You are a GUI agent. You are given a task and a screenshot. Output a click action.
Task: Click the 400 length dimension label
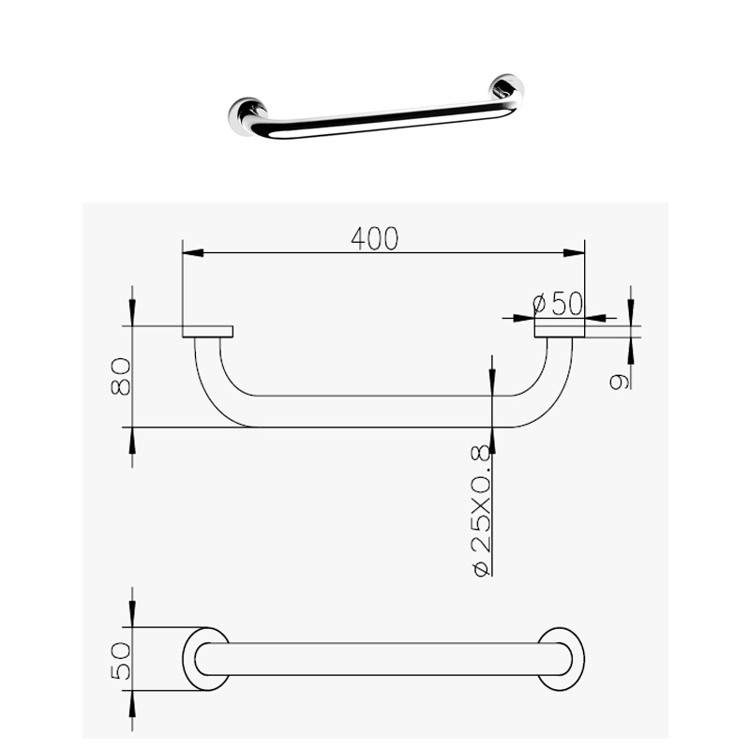[374, 238]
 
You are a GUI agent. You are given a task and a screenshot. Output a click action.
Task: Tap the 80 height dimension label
[121, 377]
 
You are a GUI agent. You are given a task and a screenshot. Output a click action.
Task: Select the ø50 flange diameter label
[558, 303]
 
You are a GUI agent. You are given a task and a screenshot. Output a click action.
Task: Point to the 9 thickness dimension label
[619, 382]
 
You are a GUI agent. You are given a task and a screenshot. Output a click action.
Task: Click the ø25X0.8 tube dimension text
[481, 510]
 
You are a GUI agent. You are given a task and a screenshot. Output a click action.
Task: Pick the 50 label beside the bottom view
[121, 661]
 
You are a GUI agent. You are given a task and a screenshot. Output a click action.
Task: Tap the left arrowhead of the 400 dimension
[193, 252]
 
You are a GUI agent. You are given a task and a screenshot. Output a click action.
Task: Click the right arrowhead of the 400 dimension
[574, 252]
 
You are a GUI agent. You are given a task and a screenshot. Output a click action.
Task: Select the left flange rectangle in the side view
[207, 332]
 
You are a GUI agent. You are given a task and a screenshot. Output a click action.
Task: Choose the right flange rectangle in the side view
[559, 332]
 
